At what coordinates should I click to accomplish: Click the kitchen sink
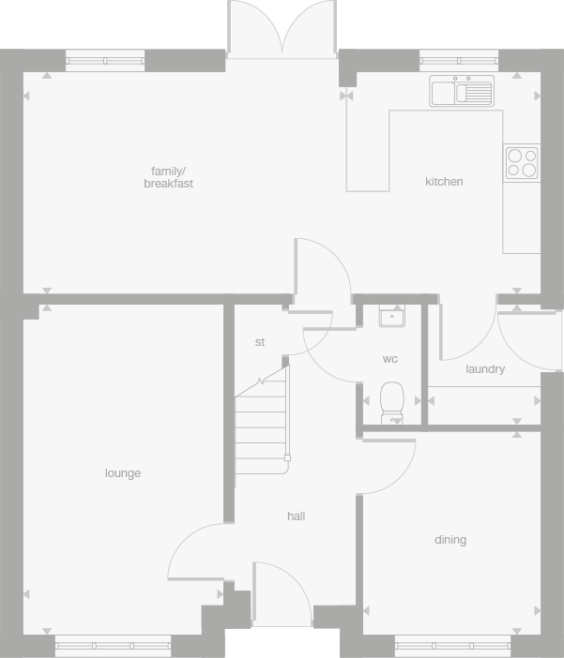(462, 92)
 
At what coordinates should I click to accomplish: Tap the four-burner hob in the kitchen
(521, 161)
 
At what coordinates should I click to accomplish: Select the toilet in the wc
(391, 400)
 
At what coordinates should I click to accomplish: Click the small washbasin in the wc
(391, 315)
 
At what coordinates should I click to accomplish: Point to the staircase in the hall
(262, 417)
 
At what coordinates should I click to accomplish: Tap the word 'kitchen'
(444, 182)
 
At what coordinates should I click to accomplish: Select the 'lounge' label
(123, 473)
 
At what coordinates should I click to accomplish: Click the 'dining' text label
(450, 540)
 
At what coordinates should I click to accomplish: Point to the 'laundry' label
(485, 369)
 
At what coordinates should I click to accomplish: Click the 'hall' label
(297, 516)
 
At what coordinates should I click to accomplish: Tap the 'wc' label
(389, 359)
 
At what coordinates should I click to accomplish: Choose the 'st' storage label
(260, 342)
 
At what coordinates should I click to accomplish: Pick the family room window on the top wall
(105, 62)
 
